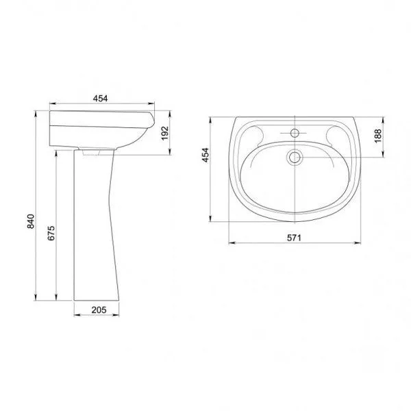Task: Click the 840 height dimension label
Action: click(31, 221)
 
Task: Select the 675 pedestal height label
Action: click(51, 233)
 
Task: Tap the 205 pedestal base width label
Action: click(99, 310)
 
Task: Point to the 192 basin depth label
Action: click(165, 133)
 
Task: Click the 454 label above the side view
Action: click(101, 98)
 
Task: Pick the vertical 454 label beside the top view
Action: click(206, 155)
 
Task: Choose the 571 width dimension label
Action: click(294, 238)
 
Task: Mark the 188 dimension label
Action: click(377, 136)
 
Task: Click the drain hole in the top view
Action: click(295, 158)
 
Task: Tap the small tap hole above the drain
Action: click(295, 133)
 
